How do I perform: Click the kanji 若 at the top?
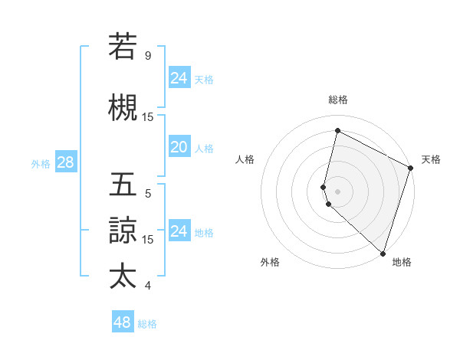[123, 47]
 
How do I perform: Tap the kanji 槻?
[123, 108]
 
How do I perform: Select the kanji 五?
[123, 186]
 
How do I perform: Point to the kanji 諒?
[123, 231]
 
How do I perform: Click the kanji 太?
[123, 277]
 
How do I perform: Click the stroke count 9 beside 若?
[148, 56]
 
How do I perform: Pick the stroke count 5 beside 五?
[148, 194]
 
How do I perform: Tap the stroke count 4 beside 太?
[148, 286]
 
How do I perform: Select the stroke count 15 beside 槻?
[148, 117]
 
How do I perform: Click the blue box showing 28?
[65, 162]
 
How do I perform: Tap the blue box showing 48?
[123, 322]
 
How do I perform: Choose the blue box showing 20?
[179, 147]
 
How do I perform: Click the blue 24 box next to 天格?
[179, 78]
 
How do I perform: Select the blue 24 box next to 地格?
[179, 231]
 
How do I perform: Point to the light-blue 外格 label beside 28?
[41, 163]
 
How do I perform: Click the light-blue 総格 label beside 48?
[147, 324]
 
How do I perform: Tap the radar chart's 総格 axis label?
[338, 100]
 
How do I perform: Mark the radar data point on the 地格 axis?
[383, 253]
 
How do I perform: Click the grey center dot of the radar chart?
[338, 191]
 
